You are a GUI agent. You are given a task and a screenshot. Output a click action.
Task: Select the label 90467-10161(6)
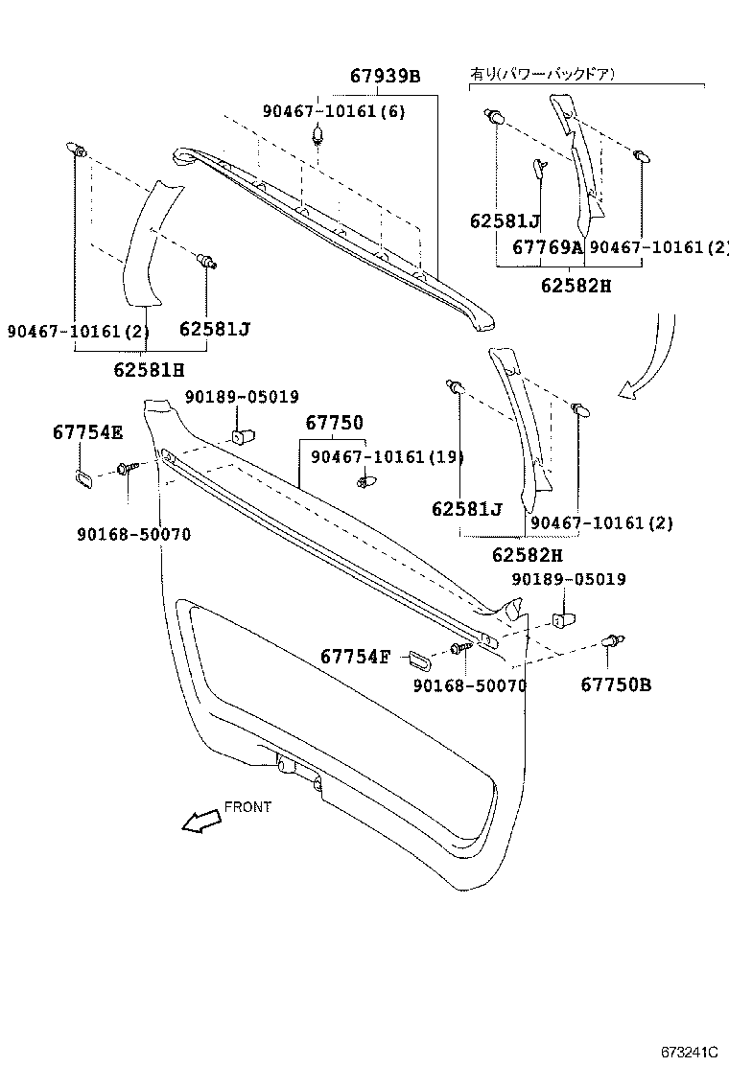(334, 111)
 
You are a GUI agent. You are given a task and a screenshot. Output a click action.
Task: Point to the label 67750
(335, 423)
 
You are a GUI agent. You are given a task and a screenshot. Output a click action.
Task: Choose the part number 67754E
(87, 432)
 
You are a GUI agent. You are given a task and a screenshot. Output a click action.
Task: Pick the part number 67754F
(355, 657)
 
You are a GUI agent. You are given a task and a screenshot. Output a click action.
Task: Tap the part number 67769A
(548, 247)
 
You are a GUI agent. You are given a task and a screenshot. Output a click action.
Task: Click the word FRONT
(247, 807)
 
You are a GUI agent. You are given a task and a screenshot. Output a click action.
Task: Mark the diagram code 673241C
(688, 1052)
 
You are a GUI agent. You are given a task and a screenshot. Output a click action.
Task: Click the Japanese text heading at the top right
(542, 73)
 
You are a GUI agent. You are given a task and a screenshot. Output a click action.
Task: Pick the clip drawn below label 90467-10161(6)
(317, 140)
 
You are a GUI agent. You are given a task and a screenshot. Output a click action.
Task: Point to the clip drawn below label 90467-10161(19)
(364, 480)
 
